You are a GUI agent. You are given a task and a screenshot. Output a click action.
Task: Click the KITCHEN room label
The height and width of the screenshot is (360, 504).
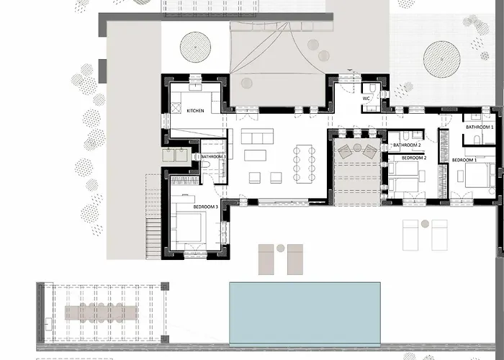tap(196, 111)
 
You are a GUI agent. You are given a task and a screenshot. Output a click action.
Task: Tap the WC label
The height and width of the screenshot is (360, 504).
tap(366, 98)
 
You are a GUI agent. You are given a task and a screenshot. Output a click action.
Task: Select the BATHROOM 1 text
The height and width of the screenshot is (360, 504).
tap(479, 127)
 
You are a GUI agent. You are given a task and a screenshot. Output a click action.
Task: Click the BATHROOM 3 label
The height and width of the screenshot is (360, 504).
tap(213, 156)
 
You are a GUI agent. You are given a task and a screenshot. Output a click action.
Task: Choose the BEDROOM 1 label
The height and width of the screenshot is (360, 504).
tap(464, 159)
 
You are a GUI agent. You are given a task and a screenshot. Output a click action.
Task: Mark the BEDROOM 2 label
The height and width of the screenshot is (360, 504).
tap(413, 157)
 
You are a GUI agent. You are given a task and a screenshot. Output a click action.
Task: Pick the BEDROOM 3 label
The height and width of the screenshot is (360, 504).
tap(205, 207)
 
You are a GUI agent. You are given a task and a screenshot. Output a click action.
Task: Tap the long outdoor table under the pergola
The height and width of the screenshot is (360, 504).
tap(105, 312)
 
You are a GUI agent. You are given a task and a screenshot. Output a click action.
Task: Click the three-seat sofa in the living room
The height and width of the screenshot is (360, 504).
tap(257, 136)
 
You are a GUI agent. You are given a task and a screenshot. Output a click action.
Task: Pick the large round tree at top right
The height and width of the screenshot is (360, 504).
tap(442, 58)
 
